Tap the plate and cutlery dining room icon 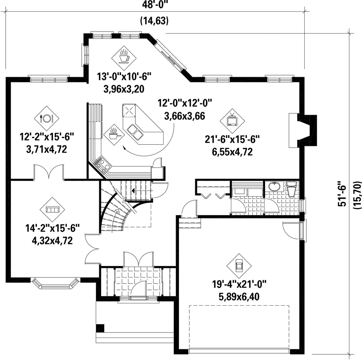pos(47,118)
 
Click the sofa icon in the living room pos(53,209)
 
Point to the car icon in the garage pos(239,266)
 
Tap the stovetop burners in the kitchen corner pos(102,164)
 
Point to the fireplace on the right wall pos(303,130)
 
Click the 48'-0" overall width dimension pos(154,4)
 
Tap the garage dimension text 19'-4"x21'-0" pos(239,284)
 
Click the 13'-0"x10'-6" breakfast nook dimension pos(124,76)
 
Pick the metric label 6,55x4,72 pos(232,152)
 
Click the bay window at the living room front pos(55,283)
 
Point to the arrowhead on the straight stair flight pos(133,191)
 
